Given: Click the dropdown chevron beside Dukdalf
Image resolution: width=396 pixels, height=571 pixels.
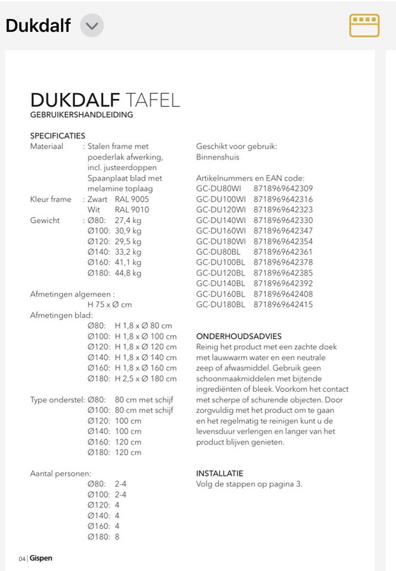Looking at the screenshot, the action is tap(92, 26).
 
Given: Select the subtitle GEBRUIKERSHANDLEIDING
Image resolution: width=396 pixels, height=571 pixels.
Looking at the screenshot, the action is tap(81, 114).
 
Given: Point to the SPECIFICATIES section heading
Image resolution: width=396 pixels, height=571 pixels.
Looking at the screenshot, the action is tap(57, 136).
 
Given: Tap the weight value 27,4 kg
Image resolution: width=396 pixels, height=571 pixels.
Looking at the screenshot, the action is tap(128, 221).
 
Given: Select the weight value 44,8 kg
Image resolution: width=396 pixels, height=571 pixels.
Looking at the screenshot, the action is tap(128, 273).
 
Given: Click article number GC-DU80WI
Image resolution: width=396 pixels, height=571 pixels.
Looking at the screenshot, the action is tap(221, 189).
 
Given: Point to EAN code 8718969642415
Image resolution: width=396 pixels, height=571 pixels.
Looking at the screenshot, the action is tap(283, 304).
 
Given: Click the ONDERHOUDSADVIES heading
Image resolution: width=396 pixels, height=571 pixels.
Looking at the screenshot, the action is tap(239, 337).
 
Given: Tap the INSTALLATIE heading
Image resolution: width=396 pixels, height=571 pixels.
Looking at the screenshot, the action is tap(220, 473).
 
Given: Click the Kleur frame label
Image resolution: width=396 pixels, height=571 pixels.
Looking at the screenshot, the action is tap(51, 200).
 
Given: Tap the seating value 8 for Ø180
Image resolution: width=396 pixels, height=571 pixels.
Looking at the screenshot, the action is tap(117, 536).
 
